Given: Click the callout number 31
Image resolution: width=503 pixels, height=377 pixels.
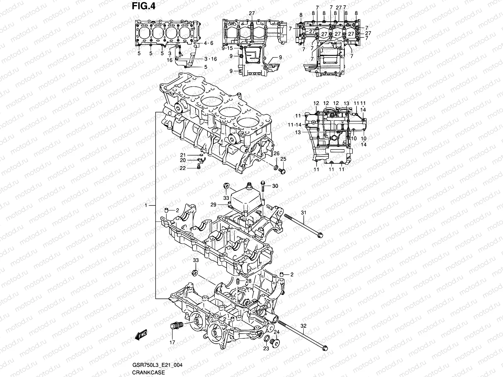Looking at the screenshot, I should (x=303, y=213).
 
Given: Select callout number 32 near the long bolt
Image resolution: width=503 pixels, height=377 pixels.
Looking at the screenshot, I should (x=303, y=326).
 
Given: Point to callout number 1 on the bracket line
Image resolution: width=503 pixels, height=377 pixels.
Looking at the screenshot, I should (x=146, y=205).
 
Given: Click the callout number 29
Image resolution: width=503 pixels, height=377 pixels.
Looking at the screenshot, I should (x=222, y=205).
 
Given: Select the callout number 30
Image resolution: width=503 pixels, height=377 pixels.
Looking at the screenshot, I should (x=275, y=186).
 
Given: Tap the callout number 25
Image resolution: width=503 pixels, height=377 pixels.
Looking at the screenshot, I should (x=283, y=159).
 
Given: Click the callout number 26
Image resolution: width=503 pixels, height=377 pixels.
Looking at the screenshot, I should (x=276, y=153).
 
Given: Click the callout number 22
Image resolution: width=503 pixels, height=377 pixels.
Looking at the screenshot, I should (x=182, y=168).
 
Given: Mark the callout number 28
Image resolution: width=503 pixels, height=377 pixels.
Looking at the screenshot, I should (x=248, y=281).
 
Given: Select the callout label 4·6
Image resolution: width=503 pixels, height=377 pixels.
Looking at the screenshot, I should (x=208, y=43).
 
